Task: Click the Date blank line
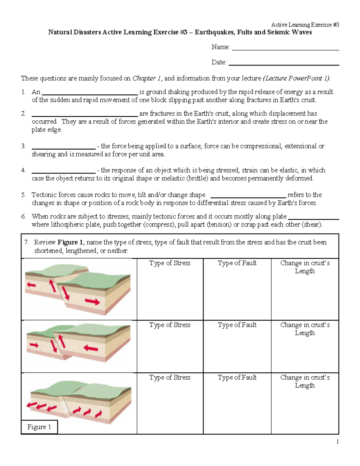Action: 283,65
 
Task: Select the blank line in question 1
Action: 89,94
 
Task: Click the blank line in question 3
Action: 63,148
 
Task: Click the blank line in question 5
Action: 249,197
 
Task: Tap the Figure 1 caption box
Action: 39,427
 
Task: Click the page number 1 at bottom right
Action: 337,441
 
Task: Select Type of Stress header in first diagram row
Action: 170,263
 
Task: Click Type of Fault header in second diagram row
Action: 237,325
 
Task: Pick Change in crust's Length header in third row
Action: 305,381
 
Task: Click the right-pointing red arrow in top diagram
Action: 92,301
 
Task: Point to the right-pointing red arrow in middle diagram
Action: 34,345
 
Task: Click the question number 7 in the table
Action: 26,242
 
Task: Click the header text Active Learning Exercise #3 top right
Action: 305,25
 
